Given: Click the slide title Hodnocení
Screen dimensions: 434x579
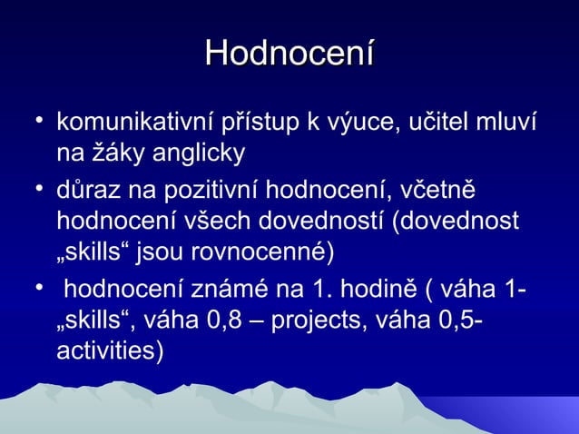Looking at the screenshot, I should click(289, 52).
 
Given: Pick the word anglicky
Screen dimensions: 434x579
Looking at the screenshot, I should click(192, 153).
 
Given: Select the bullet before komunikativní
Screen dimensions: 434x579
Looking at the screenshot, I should click(34, 121).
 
